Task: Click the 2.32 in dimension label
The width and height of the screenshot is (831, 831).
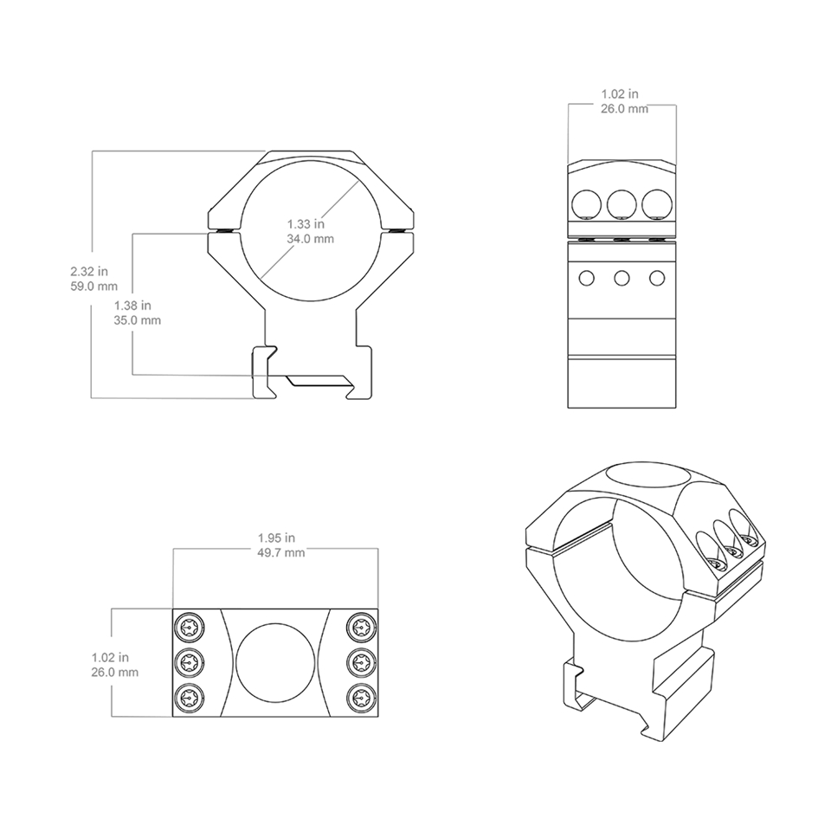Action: click(89, 270)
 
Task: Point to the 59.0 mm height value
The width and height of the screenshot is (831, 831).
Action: click(93, 285)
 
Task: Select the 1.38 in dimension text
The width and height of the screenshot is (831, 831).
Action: click(132, 305)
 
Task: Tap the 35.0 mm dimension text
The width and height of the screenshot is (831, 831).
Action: click(138, 320)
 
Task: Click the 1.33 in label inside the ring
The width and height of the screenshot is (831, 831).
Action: click(306, 223)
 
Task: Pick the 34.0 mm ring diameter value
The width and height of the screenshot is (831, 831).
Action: click(311, 238)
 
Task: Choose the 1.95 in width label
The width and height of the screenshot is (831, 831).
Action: click(277, 537)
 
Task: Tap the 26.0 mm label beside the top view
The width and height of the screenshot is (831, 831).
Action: click(114, 672)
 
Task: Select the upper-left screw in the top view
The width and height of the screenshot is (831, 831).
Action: click(190, 627)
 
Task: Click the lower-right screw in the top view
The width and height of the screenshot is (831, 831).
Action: click(359, 699)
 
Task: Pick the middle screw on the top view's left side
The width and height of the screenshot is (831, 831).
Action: click(190, 663)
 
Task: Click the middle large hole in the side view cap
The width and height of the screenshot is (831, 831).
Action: click(622, 203)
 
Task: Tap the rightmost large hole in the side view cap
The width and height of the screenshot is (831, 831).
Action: click(657, 203)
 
